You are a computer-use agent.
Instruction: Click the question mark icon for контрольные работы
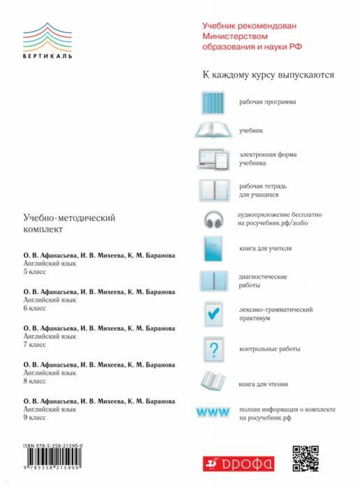[216, 348]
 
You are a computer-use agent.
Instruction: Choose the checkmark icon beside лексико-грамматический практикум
[215, 314]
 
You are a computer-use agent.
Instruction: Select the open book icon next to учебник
[215, 130]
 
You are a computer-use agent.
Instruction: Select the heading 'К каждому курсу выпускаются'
[269, 75]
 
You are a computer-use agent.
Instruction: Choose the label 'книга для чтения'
[263, 383]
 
